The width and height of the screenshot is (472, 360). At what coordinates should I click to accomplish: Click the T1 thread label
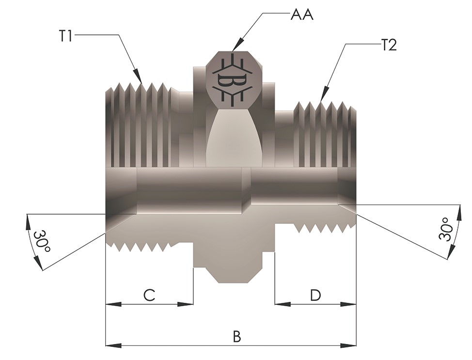[x=65, y=36]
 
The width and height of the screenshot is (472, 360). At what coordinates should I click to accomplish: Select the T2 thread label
[x=389, y=46]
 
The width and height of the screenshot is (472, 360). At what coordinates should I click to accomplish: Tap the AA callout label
[x=302, y=15]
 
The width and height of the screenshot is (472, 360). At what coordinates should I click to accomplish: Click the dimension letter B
[x=237, y=336]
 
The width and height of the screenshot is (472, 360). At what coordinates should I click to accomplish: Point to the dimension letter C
[x=149, y=295]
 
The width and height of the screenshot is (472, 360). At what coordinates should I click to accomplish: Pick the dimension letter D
[x=315, y=295]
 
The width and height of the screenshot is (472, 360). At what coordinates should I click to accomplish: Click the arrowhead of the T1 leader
[x=138, y=76]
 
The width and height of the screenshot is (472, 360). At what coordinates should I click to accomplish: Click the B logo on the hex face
[x=232, y=80]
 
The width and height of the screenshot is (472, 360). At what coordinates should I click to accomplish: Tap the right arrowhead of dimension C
[x=186, y=304]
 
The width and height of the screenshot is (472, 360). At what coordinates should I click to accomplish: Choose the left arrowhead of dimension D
[x=283, y=304]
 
